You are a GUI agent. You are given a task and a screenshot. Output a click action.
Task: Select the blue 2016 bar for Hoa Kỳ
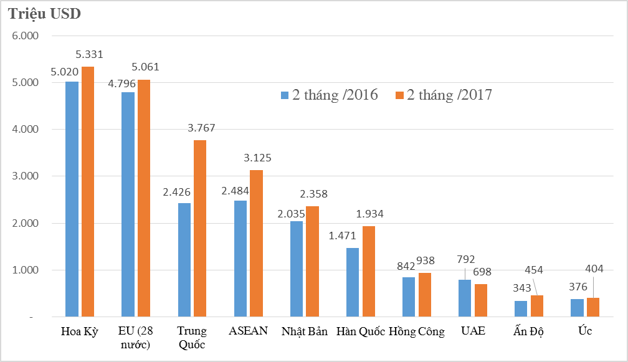72,199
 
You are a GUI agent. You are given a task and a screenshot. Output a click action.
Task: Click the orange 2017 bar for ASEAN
256,244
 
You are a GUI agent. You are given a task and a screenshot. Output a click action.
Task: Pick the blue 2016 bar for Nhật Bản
297,269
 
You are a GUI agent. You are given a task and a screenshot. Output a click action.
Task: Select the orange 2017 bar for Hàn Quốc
368,272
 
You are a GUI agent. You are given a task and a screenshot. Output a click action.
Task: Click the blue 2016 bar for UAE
465,298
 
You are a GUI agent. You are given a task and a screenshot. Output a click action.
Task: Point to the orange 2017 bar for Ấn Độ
536,306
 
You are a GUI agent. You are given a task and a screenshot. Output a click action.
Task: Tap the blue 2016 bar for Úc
577,308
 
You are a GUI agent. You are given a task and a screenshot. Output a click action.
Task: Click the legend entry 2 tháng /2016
329,95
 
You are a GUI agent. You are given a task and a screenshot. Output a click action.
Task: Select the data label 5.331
89,55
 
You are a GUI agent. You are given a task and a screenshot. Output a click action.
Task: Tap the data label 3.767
201,128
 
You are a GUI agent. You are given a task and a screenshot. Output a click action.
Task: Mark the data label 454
535,270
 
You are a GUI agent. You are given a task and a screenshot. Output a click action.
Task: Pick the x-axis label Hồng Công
417,331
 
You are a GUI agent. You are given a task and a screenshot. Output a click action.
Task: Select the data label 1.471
342,236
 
